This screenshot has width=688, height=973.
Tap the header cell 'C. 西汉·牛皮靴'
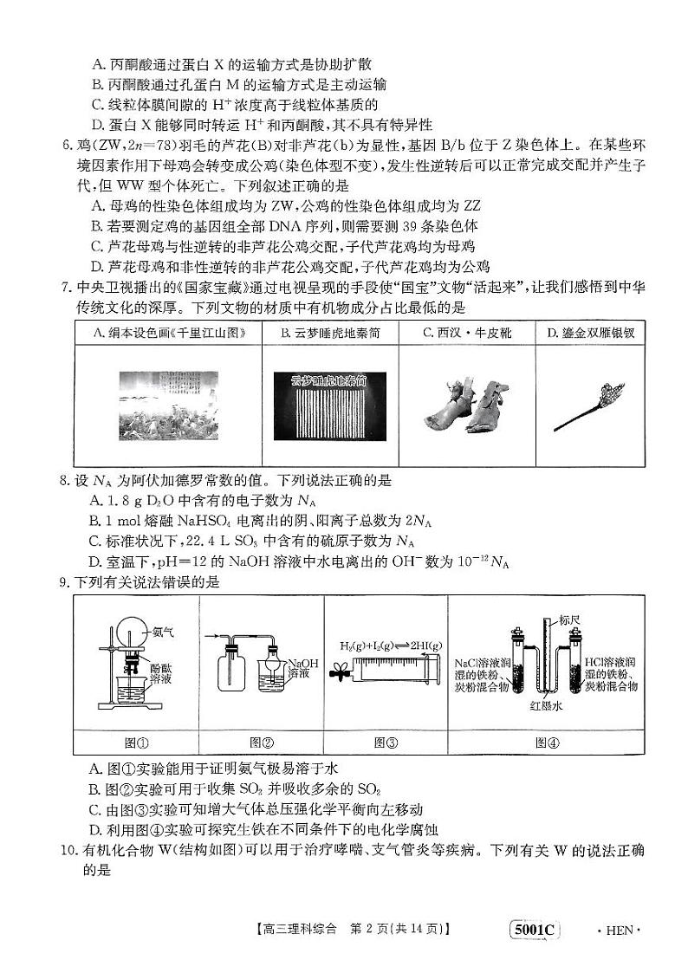pos(466,333)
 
